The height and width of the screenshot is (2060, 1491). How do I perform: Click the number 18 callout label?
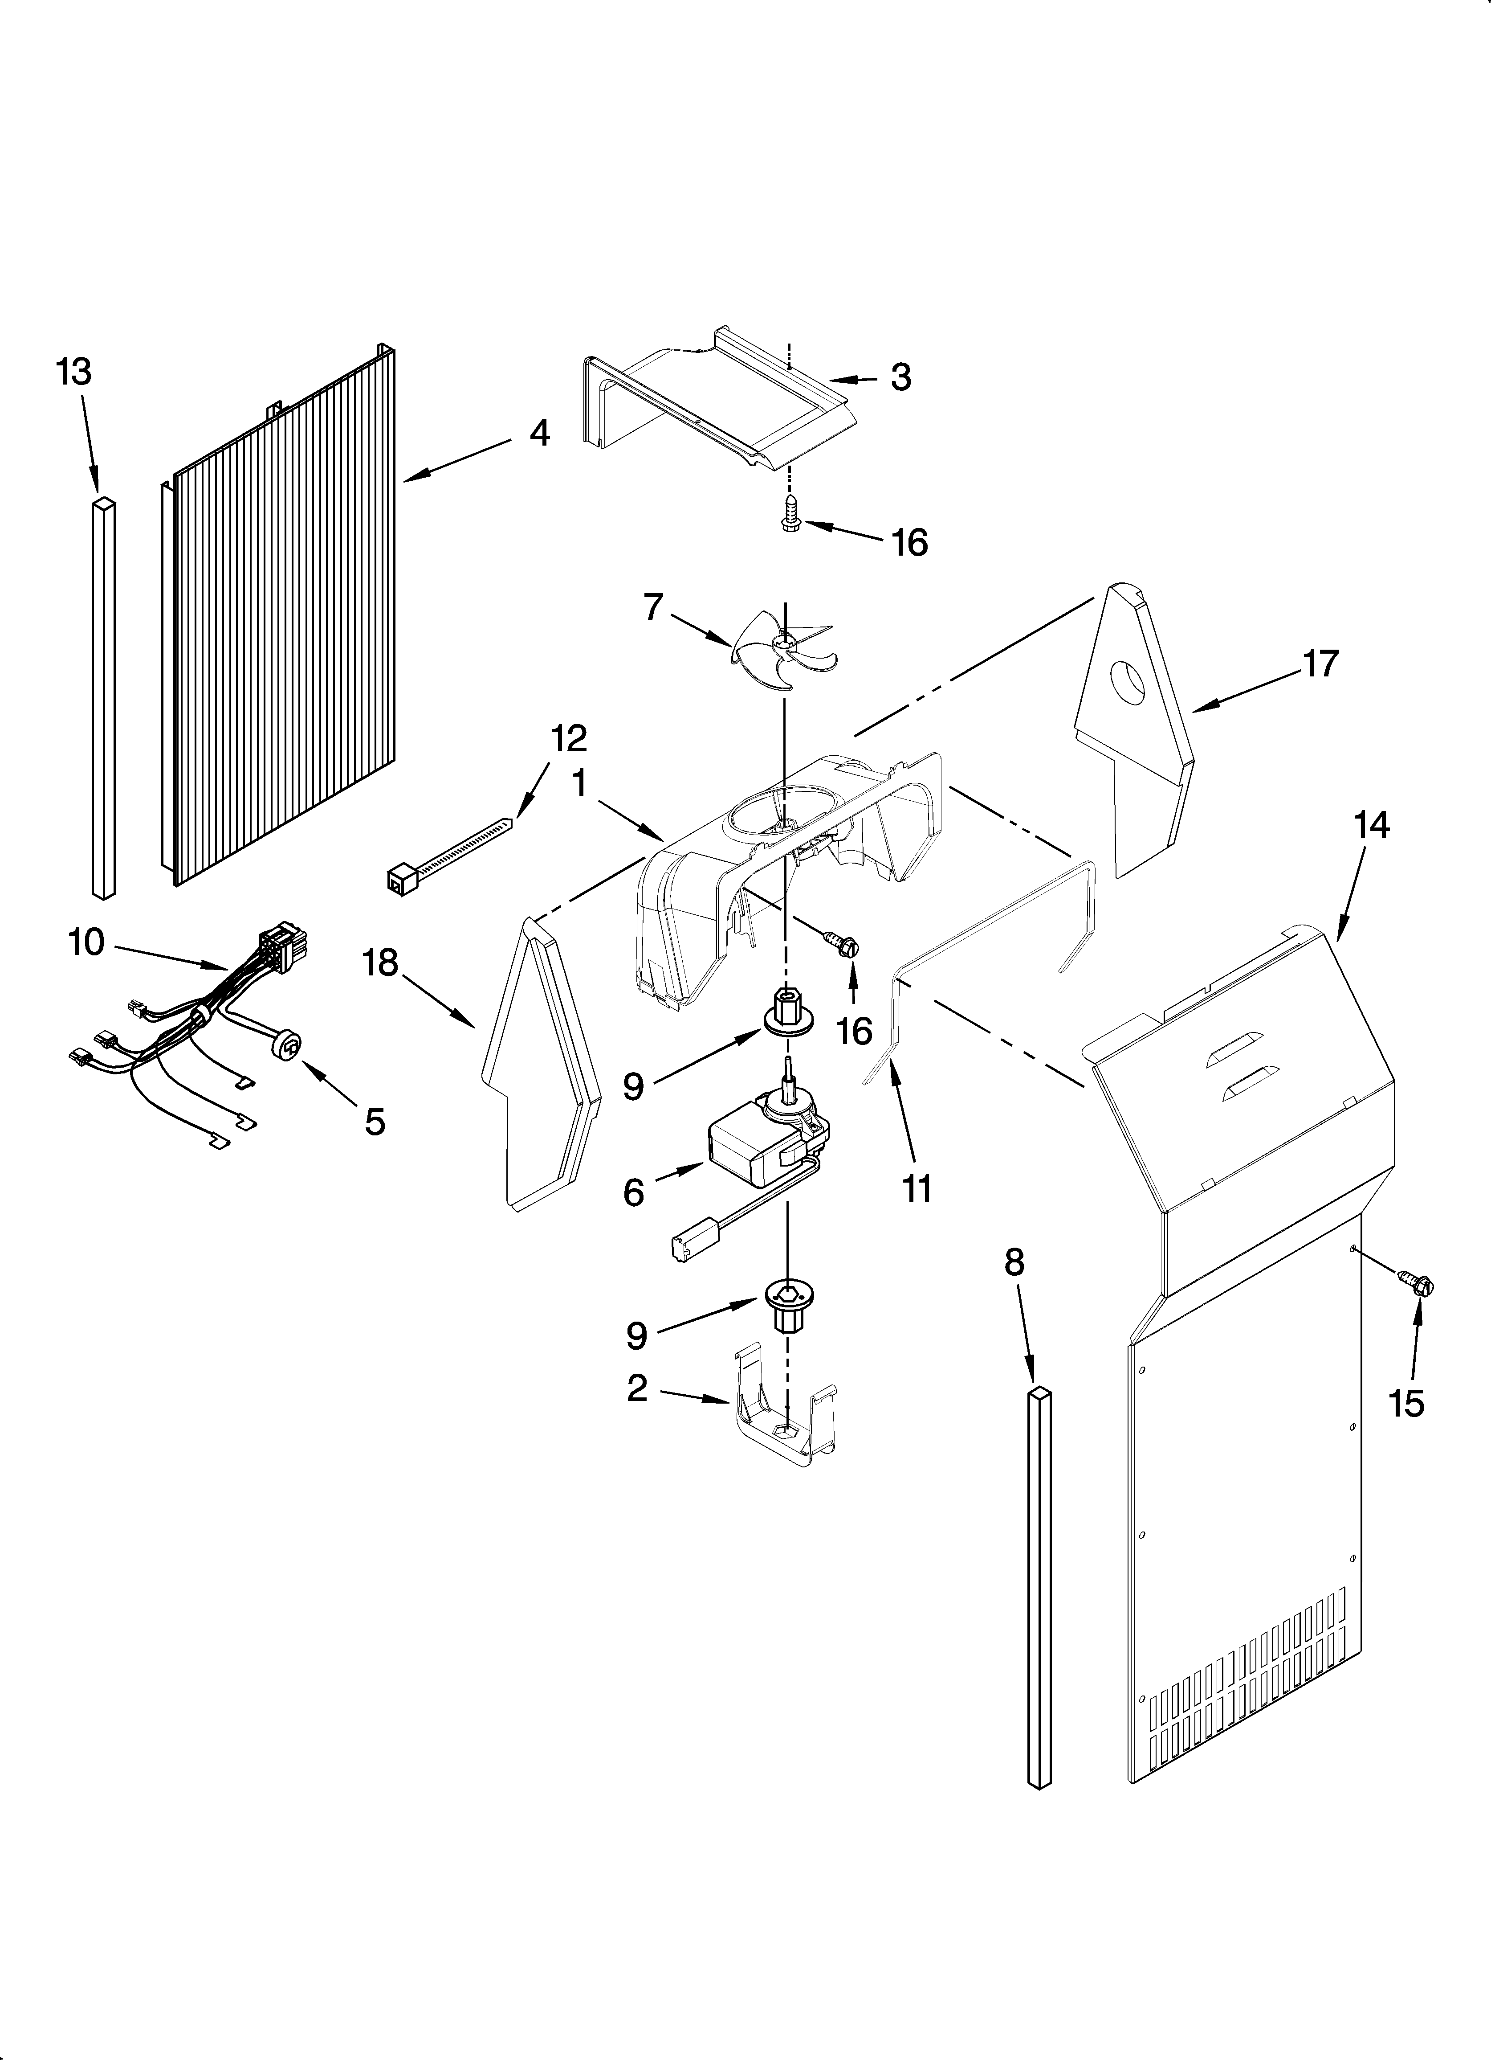click(x=381, y=963)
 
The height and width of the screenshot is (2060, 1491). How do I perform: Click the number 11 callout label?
click(x=917, y=1188)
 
